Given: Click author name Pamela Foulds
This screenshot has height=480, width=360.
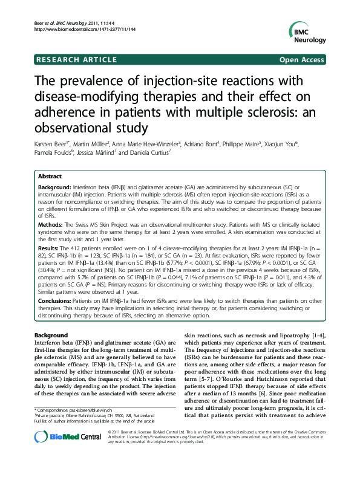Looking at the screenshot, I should coord(52,154).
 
